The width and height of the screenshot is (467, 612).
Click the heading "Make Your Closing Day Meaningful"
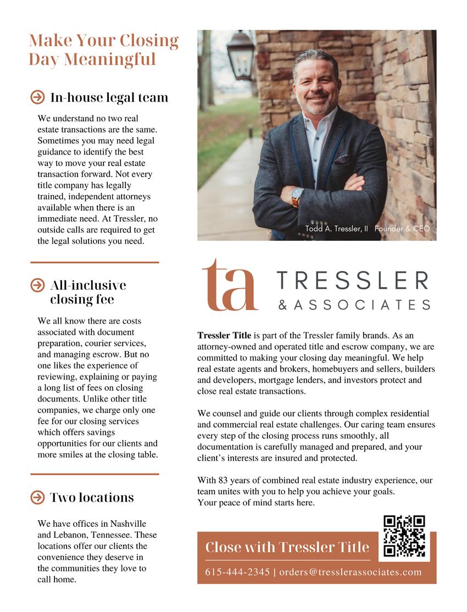pyautogui.click(x=103, y=49)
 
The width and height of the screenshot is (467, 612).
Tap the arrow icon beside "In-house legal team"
pyautogui.click(x=37, y=97)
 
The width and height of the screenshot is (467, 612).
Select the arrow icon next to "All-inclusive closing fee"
pyautogui.click(x=37, y=285)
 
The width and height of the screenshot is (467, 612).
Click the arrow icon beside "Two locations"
pyautogui.click(x=37, y=498)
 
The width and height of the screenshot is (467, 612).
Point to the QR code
pyautogui.click(x=404, y=536)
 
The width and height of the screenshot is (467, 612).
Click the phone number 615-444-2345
pyautogui.click(x=237, y=572)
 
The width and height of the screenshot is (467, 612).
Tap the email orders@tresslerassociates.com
pyautogui.click(x=351, y=572)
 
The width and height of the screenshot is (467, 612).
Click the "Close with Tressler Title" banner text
pyautogui.click(x=287, y=547)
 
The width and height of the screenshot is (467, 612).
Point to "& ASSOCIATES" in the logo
pyautogui.click(x=354, y=304)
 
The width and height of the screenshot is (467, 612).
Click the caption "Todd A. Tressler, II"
pyautogui.click(x=337, y=229)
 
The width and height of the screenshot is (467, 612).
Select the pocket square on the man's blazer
pyautogui.click(x=343, y=159)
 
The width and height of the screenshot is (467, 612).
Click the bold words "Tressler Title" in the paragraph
pyautogui.click(x=224, y=335)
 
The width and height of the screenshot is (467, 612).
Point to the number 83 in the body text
pyautogui.click(x=224, y=481)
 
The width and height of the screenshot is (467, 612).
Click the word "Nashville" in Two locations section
pyautogui.click(x=127, y=523)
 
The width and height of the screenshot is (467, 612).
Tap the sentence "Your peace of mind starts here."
pyautogui.click(x=255, y=502)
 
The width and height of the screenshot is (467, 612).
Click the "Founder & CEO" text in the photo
pyautogui.click(x=402, y=229)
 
